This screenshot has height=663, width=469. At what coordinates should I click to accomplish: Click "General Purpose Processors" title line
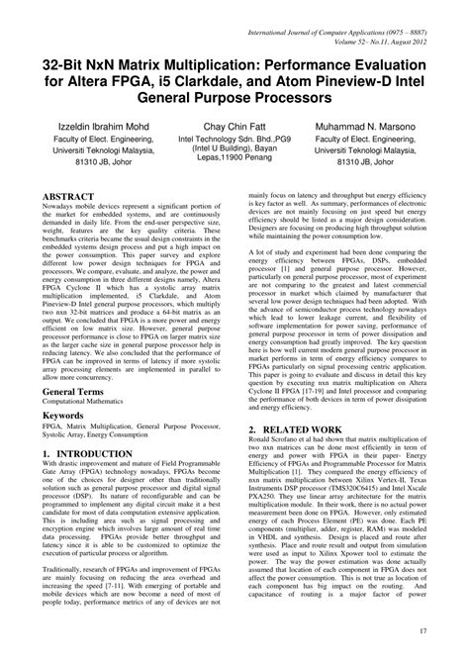point(234,100)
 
